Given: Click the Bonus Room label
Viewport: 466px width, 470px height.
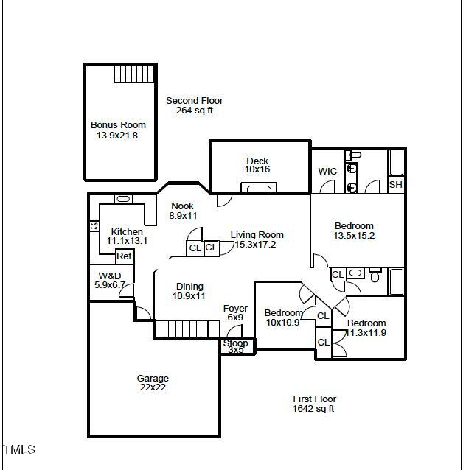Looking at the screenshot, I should click(118, 130).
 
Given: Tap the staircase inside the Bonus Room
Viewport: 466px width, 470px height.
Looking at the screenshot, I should click(136, 74).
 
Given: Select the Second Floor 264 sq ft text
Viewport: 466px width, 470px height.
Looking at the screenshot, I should click(194, 105).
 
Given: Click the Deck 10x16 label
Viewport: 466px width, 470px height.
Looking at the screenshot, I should click(257, 165).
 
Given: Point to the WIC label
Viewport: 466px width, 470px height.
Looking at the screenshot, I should click(327, 172).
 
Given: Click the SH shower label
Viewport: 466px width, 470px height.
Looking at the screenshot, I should click(396, 185).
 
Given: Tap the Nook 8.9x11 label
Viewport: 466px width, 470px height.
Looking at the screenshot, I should click(183, 211).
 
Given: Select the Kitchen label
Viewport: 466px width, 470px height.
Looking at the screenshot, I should click(127, 236).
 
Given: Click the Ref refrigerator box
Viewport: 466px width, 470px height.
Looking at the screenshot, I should click(124, 256).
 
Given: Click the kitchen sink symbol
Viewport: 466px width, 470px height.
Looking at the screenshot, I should click(123, 199).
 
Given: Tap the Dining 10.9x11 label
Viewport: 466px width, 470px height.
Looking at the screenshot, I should click(189, 291).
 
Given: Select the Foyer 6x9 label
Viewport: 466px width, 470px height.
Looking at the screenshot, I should click(235, 313).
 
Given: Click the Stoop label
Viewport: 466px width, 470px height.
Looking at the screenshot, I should click(236, 345).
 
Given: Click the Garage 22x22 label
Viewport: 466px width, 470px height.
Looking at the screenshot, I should click(153, 383).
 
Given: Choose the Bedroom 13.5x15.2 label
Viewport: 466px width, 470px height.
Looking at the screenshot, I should click(354, 231).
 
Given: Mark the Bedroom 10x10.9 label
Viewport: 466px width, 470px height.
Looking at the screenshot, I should click(283, 318).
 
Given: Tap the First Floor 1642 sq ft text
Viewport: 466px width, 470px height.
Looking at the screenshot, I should click(314, 404).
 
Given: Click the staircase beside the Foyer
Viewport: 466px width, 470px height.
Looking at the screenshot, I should click(187, 329).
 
